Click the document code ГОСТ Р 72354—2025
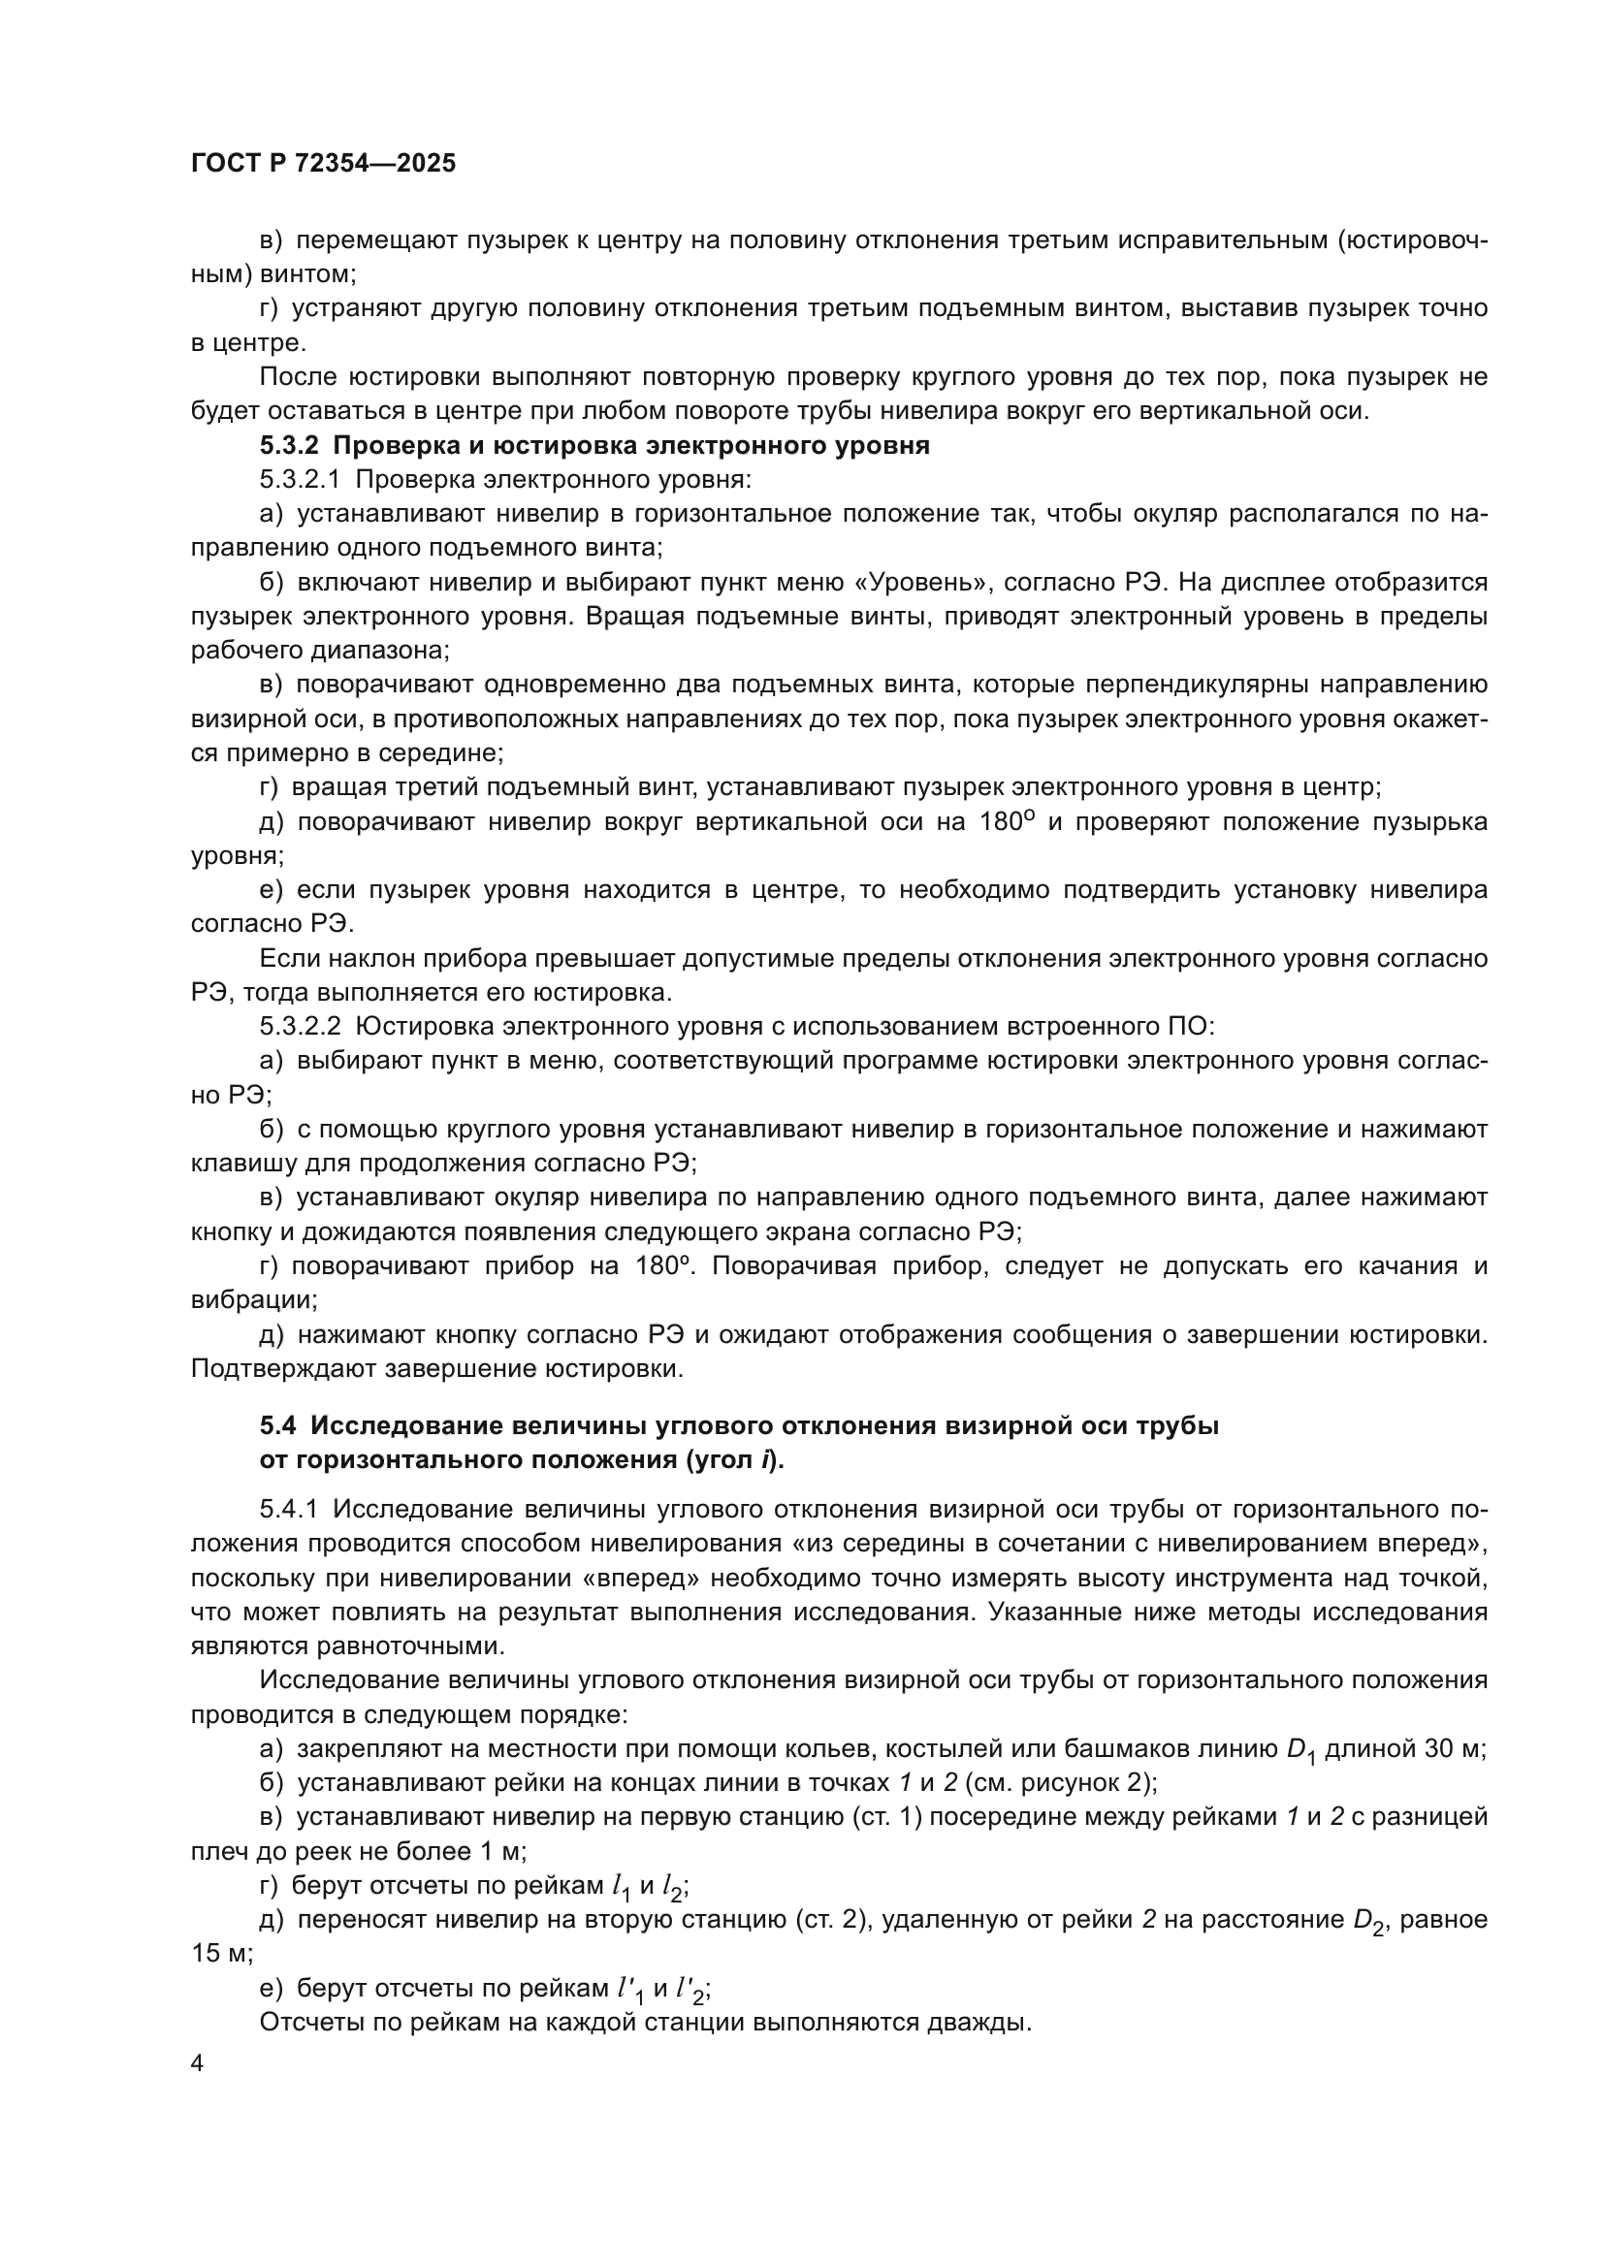pyautogui.click(x=323, y=164)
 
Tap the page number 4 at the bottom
pyautogui.click(x=198, y=2063)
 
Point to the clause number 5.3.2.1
pyautogui.click(x=300, y=480)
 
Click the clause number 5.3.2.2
pyautogui.click(x=300, y=1026)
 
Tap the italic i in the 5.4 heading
pyautogui.click(x=766, y=1461)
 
